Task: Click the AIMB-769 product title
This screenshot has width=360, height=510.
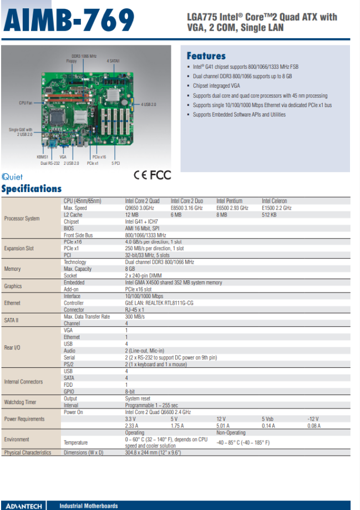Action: (x=69, y=20)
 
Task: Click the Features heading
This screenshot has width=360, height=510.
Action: (x=206, y=56)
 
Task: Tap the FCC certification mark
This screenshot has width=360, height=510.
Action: (x=160, y=175)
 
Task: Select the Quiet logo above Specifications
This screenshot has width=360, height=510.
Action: (x=12, y=177)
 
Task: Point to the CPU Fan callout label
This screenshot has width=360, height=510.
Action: (x=26, y=103)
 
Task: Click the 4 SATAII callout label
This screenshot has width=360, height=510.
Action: (x=113, y=61)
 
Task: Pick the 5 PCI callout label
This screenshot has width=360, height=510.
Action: (x=116, y=163)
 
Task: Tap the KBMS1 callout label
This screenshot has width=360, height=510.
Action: (x=42, y=157)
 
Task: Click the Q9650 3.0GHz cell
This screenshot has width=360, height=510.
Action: (x=140, y=208)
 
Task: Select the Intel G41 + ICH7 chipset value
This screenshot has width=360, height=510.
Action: (x=141, y=221)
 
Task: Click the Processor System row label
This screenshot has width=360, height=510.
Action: (x=22, y=218)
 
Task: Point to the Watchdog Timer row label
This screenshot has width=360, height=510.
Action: (x=20, y=402)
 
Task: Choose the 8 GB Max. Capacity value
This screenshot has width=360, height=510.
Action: (x=130, y=269)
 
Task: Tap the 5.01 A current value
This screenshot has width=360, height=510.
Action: (x=223, y=426)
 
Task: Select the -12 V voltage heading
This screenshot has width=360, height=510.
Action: (x=313, y=419)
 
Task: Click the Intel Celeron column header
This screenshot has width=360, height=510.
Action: (x=275, y=201)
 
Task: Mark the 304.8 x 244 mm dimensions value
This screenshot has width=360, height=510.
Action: (x=153, y=452)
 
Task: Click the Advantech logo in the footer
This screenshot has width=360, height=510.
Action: (x=24, y=506)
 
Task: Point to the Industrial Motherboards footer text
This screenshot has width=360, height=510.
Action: (x=88, y=506)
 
